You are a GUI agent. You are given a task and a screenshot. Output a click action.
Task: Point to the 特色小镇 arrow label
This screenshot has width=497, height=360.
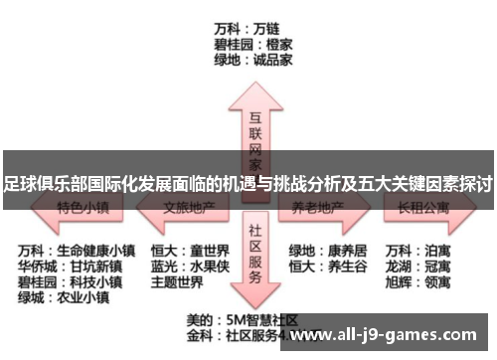[82, 210]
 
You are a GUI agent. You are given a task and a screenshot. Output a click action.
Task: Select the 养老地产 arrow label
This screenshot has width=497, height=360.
[318, 210]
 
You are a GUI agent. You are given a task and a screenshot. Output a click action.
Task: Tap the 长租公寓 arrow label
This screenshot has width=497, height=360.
[423, 210]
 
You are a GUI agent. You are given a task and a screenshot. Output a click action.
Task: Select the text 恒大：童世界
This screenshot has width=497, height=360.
[189, 249]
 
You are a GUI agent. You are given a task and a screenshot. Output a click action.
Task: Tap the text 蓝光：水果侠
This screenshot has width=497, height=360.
[189, 266]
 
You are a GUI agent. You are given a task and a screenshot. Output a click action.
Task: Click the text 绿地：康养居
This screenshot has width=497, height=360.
[327, 249]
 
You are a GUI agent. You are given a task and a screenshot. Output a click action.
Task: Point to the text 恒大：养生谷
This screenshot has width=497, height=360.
[327, 266]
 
